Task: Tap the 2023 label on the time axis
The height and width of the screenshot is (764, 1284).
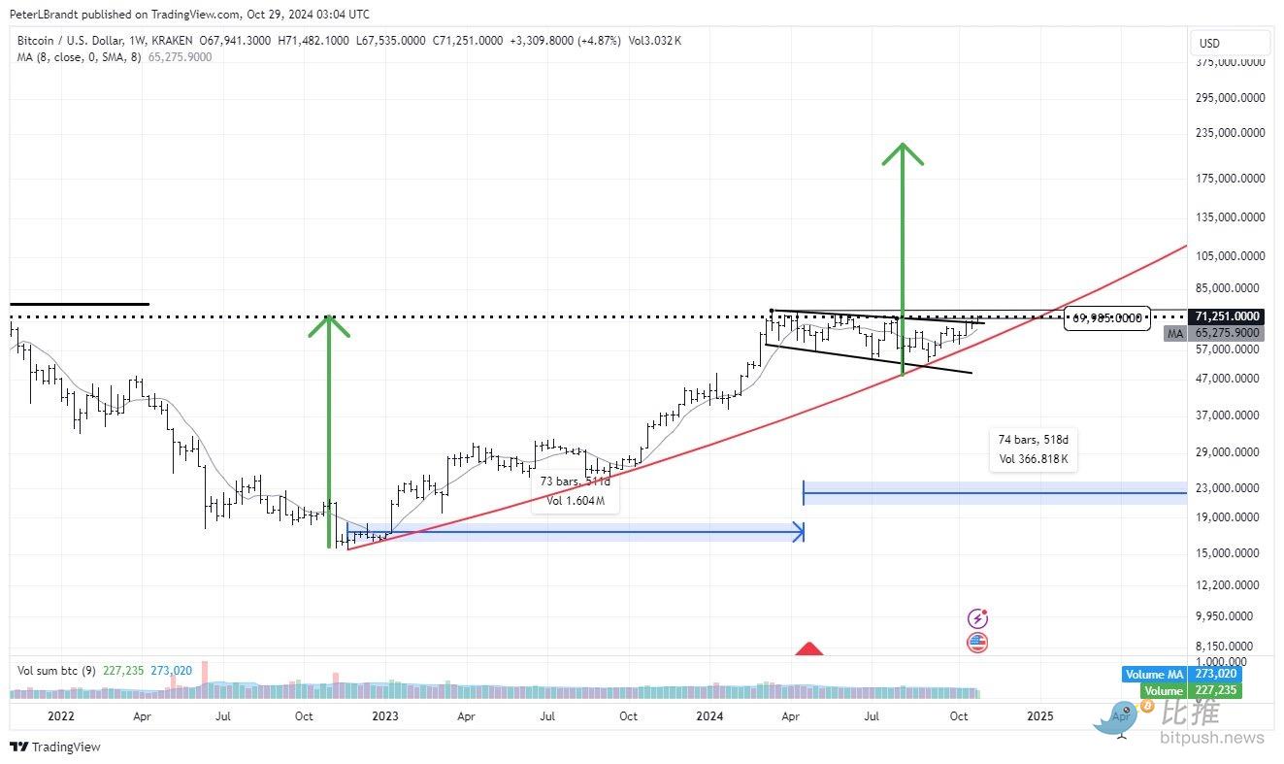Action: (384, 716)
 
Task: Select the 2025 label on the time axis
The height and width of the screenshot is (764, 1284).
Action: (1039, 716)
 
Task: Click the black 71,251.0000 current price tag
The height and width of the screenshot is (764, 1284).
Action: (1228, 316)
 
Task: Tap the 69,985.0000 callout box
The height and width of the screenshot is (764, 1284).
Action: (1107, 317)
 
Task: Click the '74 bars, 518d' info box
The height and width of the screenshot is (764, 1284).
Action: (1035, 449)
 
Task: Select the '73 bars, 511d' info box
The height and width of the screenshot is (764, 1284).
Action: (576, 491)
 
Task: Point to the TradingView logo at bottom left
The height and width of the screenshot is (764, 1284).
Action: (55, 747)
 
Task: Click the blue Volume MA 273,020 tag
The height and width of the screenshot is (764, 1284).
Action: (1181, 674)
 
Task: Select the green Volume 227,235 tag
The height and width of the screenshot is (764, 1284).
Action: (1181, 690)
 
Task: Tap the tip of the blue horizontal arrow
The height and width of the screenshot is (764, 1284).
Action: (801, 531)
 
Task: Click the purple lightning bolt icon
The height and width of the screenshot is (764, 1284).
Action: (977, 618)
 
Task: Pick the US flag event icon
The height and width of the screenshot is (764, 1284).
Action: (977, 642)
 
